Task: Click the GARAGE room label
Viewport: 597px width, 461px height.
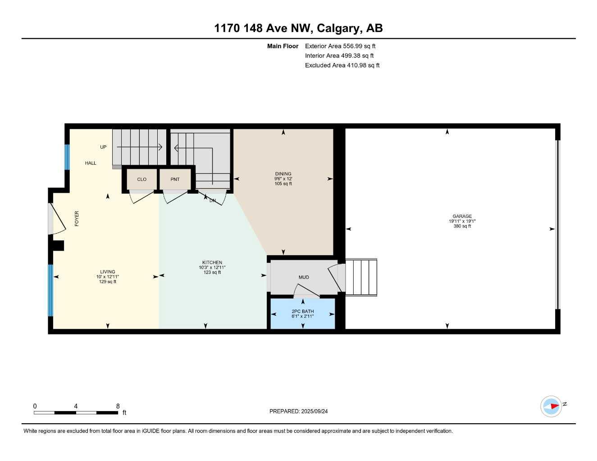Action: pos(462,216)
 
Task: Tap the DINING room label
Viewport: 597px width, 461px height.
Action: pos(283,174)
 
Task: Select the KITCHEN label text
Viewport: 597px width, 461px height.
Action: pos(212,262)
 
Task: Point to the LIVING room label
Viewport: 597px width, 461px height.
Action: pos(108,272)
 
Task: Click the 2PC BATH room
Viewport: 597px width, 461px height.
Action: pos(302,313)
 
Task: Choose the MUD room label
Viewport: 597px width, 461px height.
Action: pos(304,277)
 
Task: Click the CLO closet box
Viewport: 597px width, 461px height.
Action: pos(141,179)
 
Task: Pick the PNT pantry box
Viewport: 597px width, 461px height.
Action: pos(175,179)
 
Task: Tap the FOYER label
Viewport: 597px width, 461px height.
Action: pos(77,218)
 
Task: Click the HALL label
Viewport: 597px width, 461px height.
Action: pos(91,163)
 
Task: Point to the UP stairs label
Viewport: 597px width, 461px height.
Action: pos(103,147)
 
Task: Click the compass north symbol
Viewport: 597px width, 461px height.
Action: pos(551,406)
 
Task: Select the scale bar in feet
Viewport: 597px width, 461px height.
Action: pos(76,412)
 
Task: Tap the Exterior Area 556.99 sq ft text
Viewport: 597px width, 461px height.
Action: pos(340,46)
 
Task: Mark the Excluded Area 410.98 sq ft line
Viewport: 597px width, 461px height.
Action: pos(342,65)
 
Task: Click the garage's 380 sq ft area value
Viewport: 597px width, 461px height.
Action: pos(462,226)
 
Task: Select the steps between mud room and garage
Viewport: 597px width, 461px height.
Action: pos(361,277)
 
